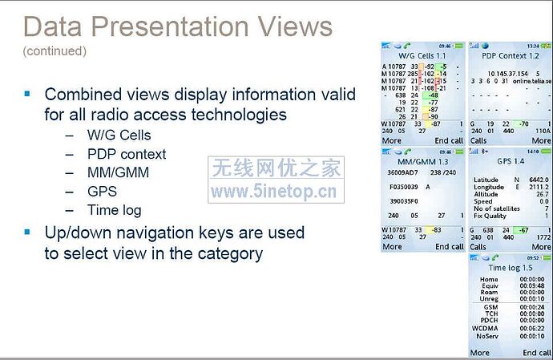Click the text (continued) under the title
pyautogui.click(x=54, y=51)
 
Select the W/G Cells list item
pyautogui.click(x=119, y=135)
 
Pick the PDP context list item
pyautogui.click(x=127, y=154)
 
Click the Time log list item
pyautogui.click(x=114, y=210)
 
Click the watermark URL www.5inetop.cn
pyautogui.click(x=273, y=192)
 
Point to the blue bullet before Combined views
pyautogui.click(x=28, y=94)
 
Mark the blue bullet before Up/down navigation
pyautogui.click(x=28, y=232)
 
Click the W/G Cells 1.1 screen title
pyautogui.click(x=422, y=56)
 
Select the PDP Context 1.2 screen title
pyautogui.click(x=510, y=56)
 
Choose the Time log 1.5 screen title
pyautogui.click(x=510, y=267)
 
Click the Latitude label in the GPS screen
pyautogui.click(x=486, y=179)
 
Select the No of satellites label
pyautogui.click(x=495, y=208)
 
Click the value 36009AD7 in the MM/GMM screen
pyautogui.click(x=403, y=172)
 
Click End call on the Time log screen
pyautogui.click(x=536, y=353)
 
